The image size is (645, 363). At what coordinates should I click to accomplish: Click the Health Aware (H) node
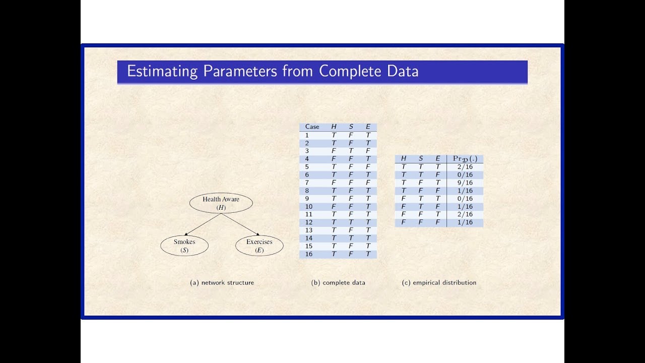point(221,203)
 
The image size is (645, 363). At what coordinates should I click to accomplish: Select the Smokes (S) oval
point(184,246)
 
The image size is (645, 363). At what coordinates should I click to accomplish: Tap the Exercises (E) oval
point(259,246)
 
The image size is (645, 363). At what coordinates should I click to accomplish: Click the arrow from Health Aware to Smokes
point(203,224)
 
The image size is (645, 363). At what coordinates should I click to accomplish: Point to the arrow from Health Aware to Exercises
point(240,224)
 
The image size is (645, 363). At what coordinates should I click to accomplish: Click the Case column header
point(312,127)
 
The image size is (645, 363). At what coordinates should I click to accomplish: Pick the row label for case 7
point(307,183)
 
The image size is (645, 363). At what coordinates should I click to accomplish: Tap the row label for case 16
point(309,254)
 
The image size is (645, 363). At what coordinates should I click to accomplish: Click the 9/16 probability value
point(466,183)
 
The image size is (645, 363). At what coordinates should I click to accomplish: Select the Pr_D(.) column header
point(465,159)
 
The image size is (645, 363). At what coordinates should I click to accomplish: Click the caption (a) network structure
point(222,283)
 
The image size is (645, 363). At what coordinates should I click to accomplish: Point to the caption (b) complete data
point(338,283)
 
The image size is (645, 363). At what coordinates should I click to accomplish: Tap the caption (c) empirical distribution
point(439,283)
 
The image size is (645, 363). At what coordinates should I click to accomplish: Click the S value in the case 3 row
point(351,151)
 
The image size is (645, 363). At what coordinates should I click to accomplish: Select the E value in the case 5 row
point(368,167)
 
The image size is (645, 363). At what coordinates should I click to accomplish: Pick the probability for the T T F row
point(466,174)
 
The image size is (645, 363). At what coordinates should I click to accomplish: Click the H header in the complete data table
point(334,127)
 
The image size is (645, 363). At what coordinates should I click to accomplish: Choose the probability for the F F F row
point(466,222)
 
